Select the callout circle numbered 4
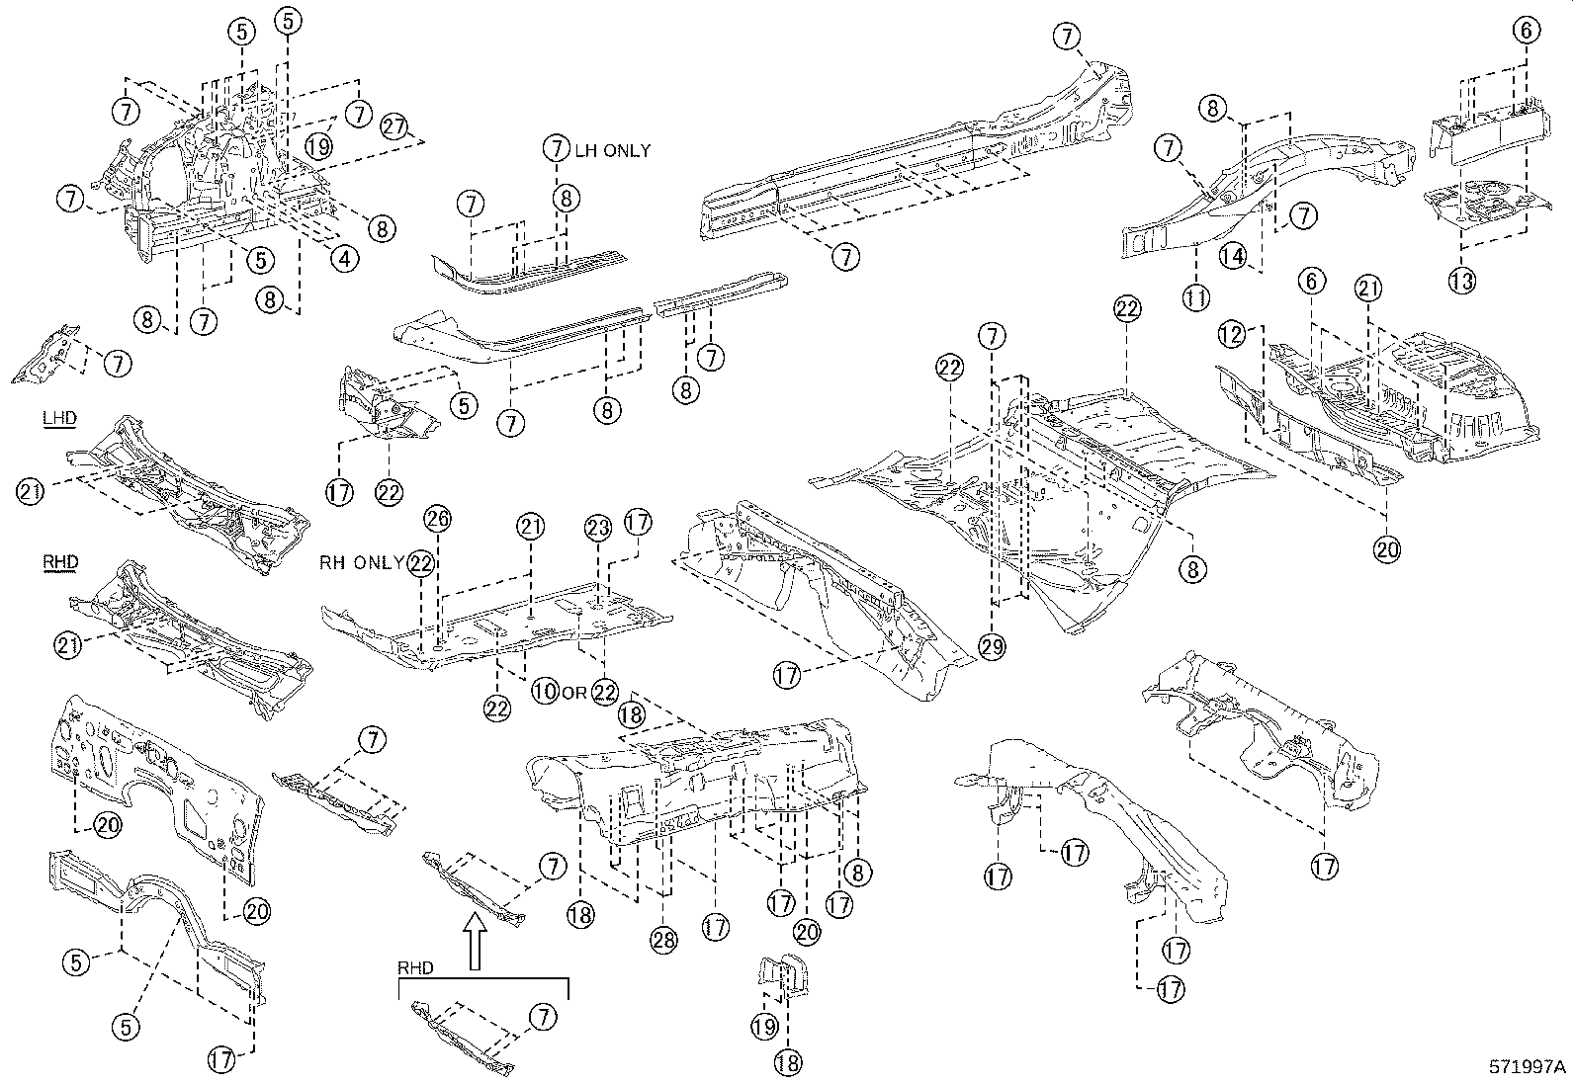coord(343,260)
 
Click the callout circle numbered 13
coord(1463,281)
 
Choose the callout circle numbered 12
coord(1231,335)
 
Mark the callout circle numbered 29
coord(993,647)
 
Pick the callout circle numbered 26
coord(437,519)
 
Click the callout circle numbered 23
coord(598,529)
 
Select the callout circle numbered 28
coord(663,940)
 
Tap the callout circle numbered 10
coord(544,692)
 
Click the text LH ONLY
coord(613,151)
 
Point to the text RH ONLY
coord(362,563)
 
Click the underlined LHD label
coord(59,420)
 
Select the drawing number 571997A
coord(1529,1067)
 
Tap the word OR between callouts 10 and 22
coord(574,692)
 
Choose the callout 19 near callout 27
coord(317,146)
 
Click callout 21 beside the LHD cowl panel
coord(31,491)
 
